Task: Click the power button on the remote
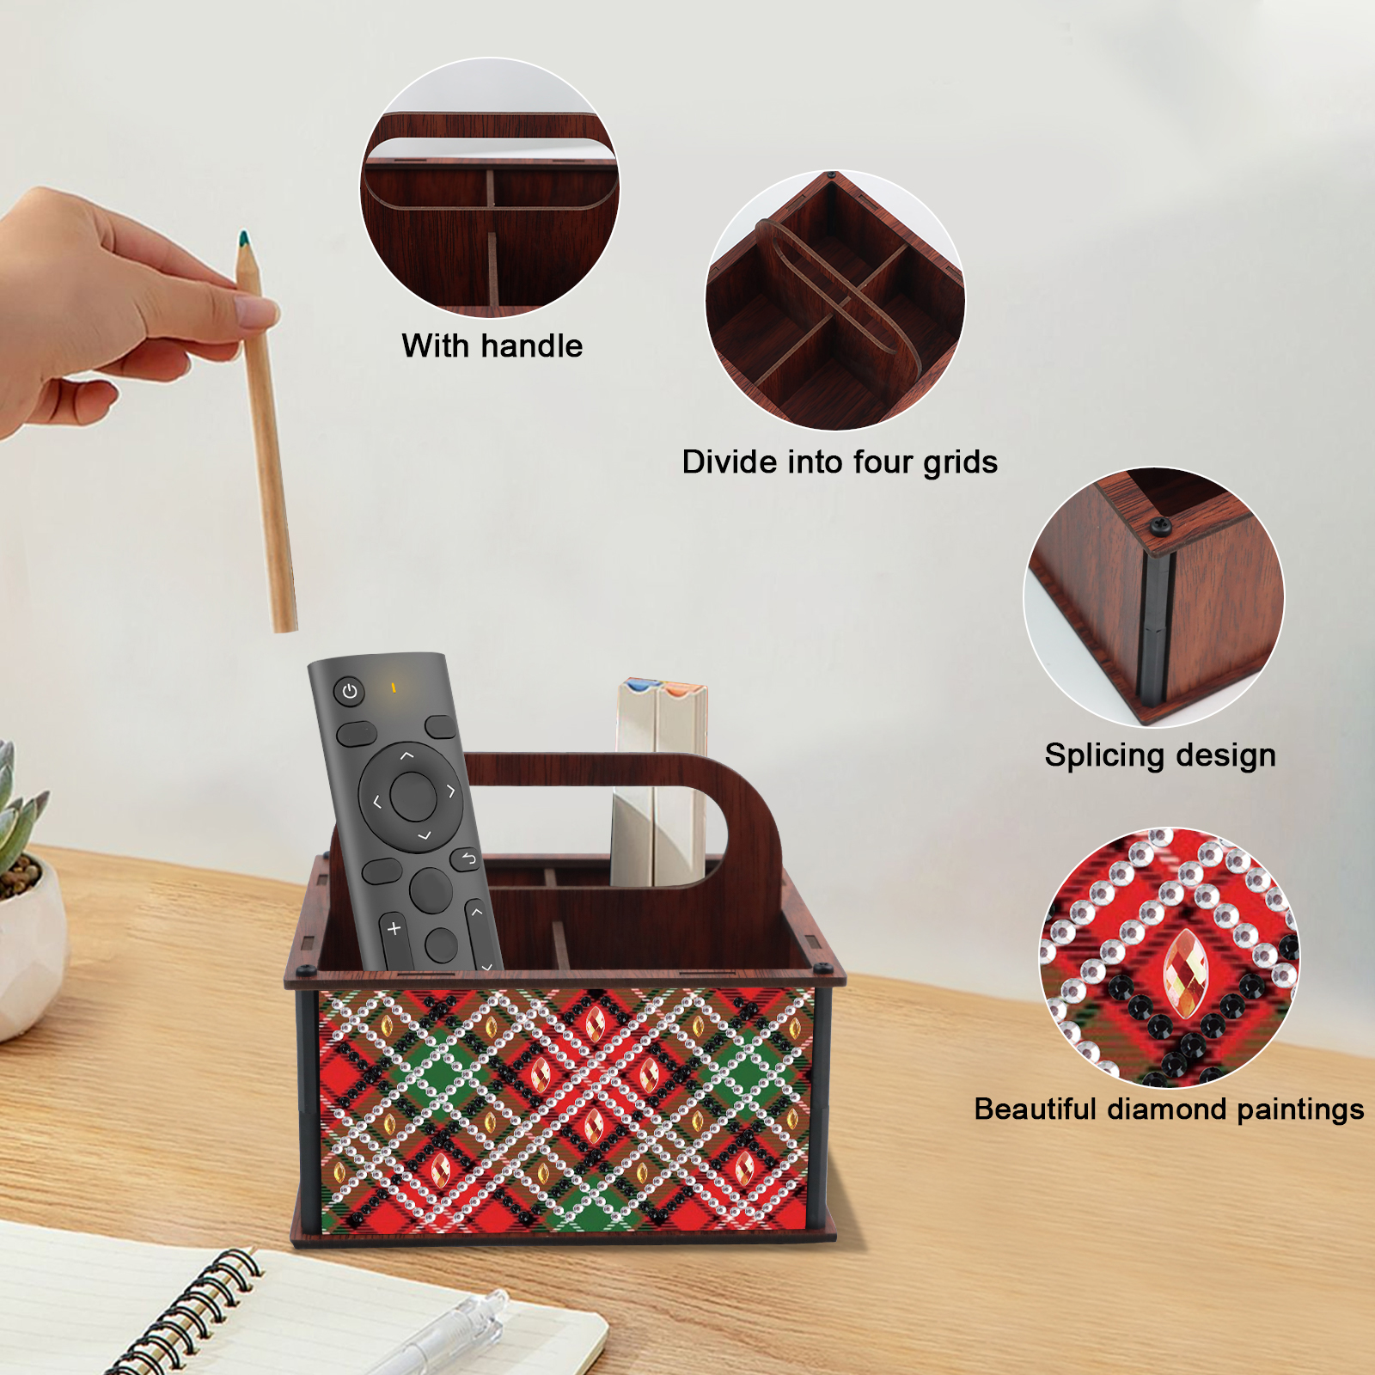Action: click(349, 691)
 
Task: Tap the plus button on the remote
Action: click(394, 929)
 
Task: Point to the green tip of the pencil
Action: click(243, 239)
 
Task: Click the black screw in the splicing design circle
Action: click(1160, 525)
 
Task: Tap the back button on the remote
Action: click(467, 859)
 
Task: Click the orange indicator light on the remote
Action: click(393, 687)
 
